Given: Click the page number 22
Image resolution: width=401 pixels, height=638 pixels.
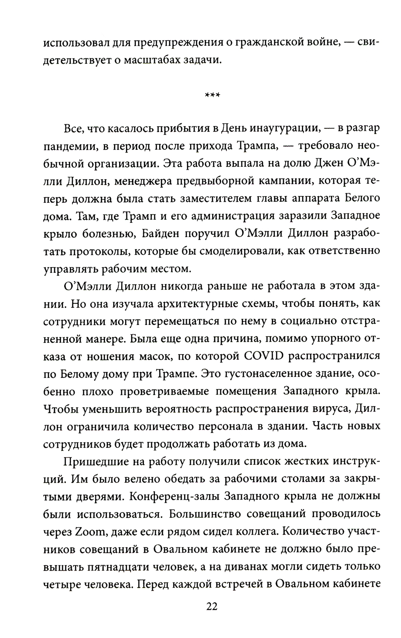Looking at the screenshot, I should tap(211, 617).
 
